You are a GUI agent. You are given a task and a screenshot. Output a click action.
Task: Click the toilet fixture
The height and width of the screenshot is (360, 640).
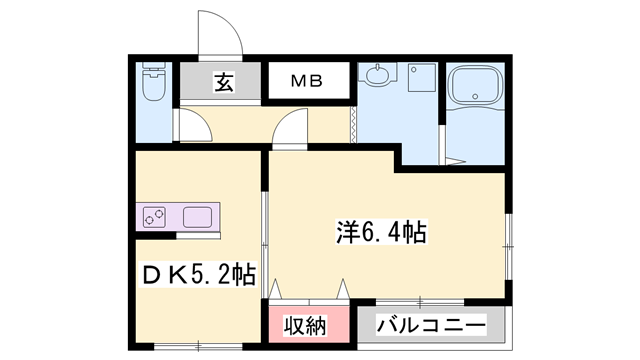153,81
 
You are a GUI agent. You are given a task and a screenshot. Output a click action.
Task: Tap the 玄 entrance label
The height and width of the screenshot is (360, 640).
224,82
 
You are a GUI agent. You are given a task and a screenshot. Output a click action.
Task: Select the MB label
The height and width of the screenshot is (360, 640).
307,81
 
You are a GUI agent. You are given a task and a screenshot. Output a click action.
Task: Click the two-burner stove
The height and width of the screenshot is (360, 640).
154,217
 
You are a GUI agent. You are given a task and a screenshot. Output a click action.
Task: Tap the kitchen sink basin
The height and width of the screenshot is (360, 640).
197,217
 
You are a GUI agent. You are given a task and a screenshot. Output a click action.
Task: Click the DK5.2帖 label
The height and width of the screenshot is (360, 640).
199,275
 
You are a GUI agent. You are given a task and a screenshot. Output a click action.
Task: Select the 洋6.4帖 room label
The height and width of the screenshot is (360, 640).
381,232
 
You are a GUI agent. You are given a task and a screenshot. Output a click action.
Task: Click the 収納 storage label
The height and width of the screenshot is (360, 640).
306,326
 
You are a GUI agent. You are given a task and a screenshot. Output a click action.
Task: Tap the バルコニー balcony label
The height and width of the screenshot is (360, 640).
431,325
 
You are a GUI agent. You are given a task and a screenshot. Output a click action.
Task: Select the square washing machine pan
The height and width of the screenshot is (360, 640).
422,77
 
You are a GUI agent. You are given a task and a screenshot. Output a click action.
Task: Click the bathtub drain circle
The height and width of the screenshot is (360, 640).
475,96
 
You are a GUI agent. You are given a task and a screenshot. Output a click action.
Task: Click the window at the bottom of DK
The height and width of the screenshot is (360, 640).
198,347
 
